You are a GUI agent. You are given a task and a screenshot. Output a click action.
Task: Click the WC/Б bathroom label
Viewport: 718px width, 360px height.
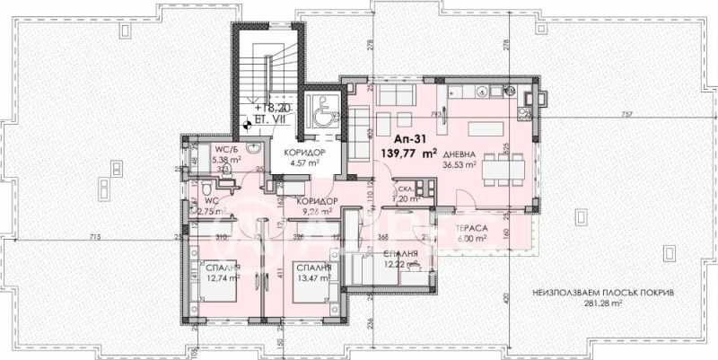click(x=223, y=150)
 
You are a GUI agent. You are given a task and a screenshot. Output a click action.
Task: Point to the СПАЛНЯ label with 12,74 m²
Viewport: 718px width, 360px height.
click(x=219, y=267)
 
